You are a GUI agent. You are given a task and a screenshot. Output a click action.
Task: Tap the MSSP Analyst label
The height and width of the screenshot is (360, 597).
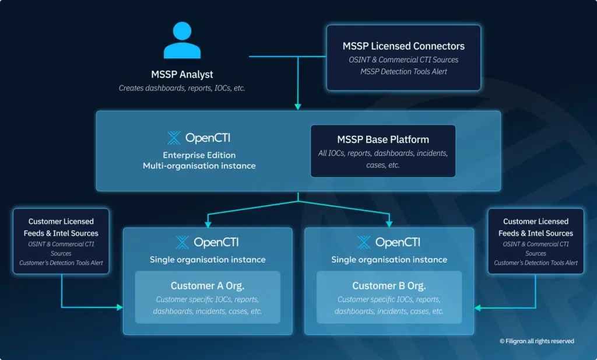(x=182, y=75)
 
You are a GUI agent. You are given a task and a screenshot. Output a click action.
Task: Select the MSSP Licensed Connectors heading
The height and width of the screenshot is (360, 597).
(x=403, y=46)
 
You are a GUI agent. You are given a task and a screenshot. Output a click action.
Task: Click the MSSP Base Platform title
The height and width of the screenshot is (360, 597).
(x=383, y=139)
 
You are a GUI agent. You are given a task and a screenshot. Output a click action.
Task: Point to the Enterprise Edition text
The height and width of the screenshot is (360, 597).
(x=199, y=155)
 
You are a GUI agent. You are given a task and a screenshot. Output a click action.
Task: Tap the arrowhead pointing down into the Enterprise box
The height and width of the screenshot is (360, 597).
(x=298, y=106)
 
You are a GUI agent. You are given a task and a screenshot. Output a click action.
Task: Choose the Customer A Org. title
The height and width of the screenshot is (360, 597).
(x=208, y=286)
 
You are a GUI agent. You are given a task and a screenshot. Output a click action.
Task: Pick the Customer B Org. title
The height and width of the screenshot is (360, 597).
(x=389, y=286)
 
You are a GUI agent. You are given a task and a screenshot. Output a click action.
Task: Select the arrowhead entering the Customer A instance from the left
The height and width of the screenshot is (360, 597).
(x=120, y=307)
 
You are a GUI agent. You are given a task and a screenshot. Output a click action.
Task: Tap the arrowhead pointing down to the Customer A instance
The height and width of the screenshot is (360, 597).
(x=208, y=223)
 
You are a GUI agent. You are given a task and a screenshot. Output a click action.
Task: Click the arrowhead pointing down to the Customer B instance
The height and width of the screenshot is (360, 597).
(x=389, y=223)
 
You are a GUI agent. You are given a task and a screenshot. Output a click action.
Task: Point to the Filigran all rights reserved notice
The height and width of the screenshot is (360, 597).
(x=536, y=341)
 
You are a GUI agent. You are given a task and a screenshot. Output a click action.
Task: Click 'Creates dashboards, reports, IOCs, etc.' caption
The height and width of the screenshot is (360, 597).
(x=182, y=89)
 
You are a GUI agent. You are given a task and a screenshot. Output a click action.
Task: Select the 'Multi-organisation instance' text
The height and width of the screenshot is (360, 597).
(x=199, y=166)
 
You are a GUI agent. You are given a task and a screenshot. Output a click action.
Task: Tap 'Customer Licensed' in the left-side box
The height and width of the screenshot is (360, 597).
(x=61, y=222)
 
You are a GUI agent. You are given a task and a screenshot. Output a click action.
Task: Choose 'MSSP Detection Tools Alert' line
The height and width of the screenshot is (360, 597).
(x=403, y=72)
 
